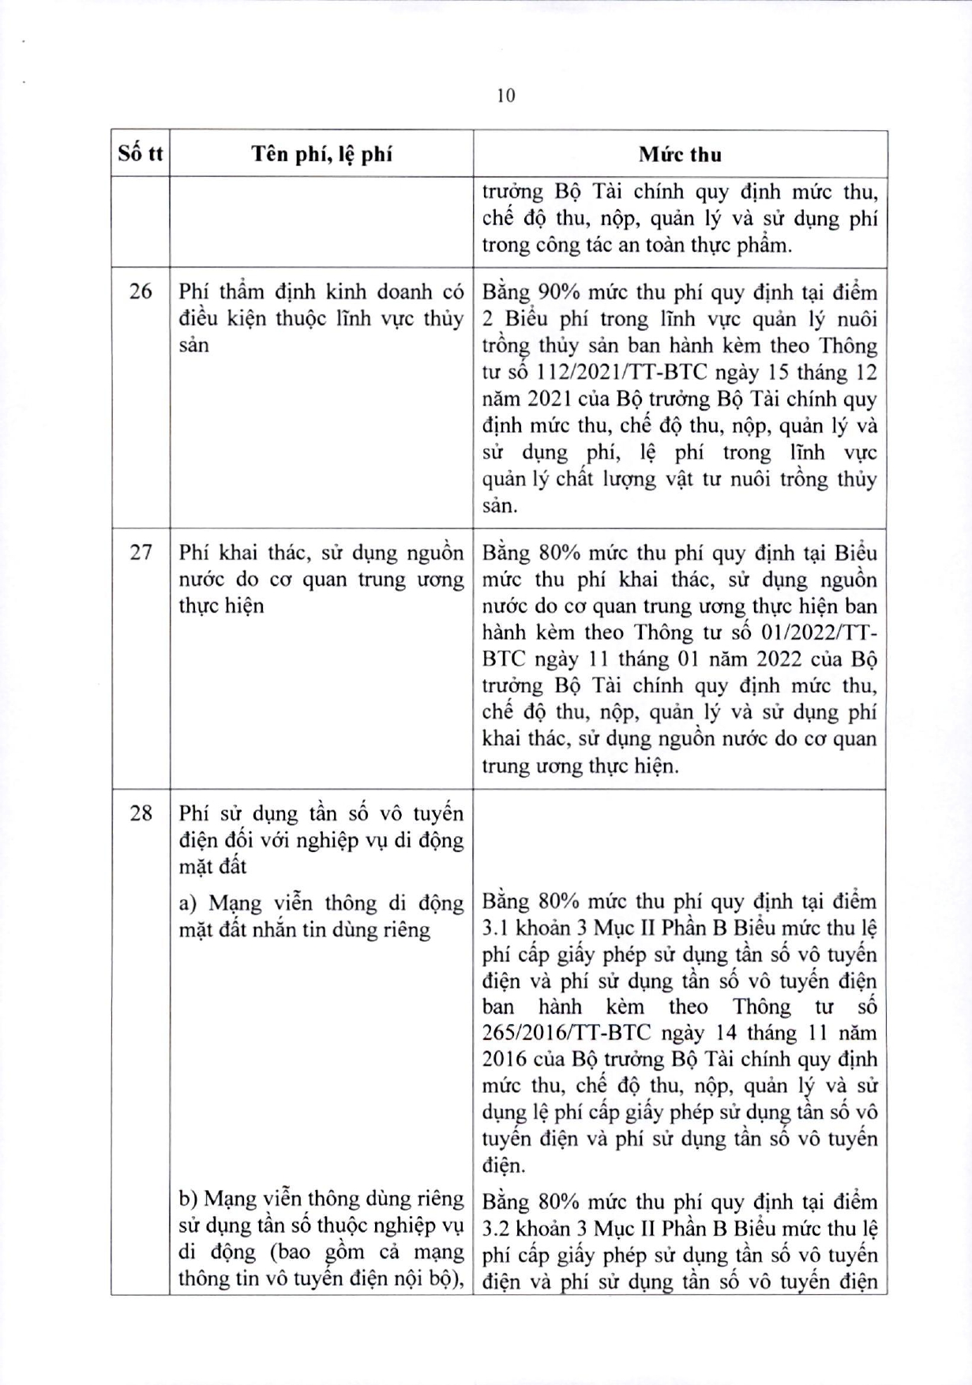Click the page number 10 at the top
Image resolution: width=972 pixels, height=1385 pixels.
click(x=506, y=96)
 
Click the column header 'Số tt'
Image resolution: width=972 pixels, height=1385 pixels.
click(x=140, y=153)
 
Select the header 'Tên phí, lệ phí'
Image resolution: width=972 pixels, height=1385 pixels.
click(x=321, y=153)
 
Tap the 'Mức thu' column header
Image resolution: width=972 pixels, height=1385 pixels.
click(x=680, y=154)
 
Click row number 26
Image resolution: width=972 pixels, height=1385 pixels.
click(x=140, y=291)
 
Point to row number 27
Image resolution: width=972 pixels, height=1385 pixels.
click(x=140, y=552)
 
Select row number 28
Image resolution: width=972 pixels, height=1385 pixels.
click(x=140, y=813)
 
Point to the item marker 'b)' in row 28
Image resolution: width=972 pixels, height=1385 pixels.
click(x=188, y=1199)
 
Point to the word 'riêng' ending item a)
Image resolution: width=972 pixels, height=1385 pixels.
click(x=406, y=929)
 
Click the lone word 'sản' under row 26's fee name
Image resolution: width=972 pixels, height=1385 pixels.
click(x=194, y=345)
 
